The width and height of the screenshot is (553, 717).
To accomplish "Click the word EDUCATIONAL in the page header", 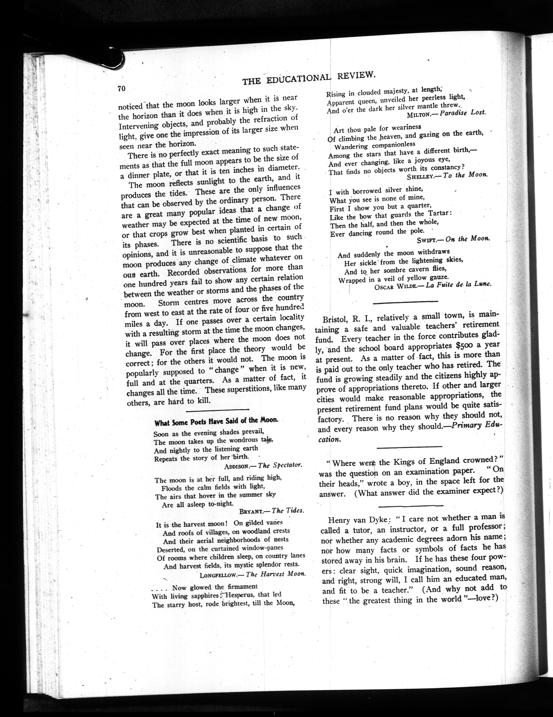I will click(x=300, y=79).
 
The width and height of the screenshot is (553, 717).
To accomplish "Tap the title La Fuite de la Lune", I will click(x=458, y=284).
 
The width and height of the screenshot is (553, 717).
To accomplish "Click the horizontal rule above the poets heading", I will click(x=217, y=410).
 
